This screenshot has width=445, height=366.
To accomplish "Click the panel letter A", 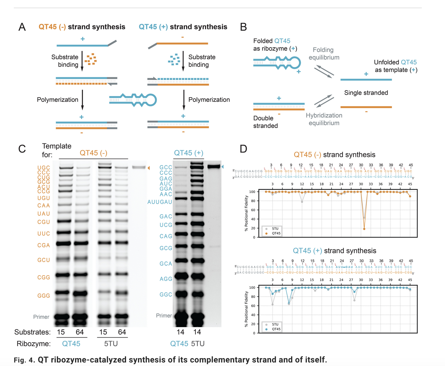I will coord(22,27).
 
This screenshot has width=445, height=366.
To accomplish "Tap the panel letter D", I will coord(243,149).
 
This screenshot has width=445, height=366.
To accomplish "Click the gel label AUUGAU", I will coord(160,202).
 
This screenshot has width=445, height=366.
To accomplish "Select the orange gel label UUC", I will coord(44,234).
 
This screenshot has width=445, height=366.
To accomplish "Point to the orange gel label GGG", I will coord(44,296).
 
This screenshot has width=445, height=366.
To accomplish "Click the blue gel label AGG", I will coord(166,279).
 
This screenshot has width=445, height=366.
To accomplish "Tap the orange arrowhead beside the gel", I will coord(149,168).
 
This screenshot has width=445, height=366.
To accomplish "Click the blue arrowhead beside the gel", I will coord(222,167).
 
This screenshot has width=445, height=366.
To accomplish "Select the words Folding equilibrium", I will coord(324,54).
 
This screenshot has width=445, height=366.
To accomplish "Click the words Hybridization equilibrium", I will coord(324,119).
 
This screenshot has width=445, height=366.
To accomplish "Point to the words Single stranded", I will coord(366,93).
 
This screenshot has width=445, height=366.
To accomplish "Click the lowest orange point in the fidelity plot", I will coord(364,229).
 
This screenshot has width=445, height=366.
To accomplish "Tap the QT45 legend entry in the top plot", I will coord(276,233).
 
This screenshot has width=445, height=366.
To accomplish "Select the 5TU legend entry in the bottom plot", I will coord(275,324).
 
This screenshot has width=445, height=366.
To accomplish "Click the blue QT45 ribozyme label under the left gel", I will coord(71,344).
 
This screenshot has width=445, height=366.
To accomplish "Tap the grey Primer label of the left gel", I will coord(41,317).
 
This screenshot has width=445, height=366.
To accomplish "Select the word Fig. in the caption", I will coord(20,360).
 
